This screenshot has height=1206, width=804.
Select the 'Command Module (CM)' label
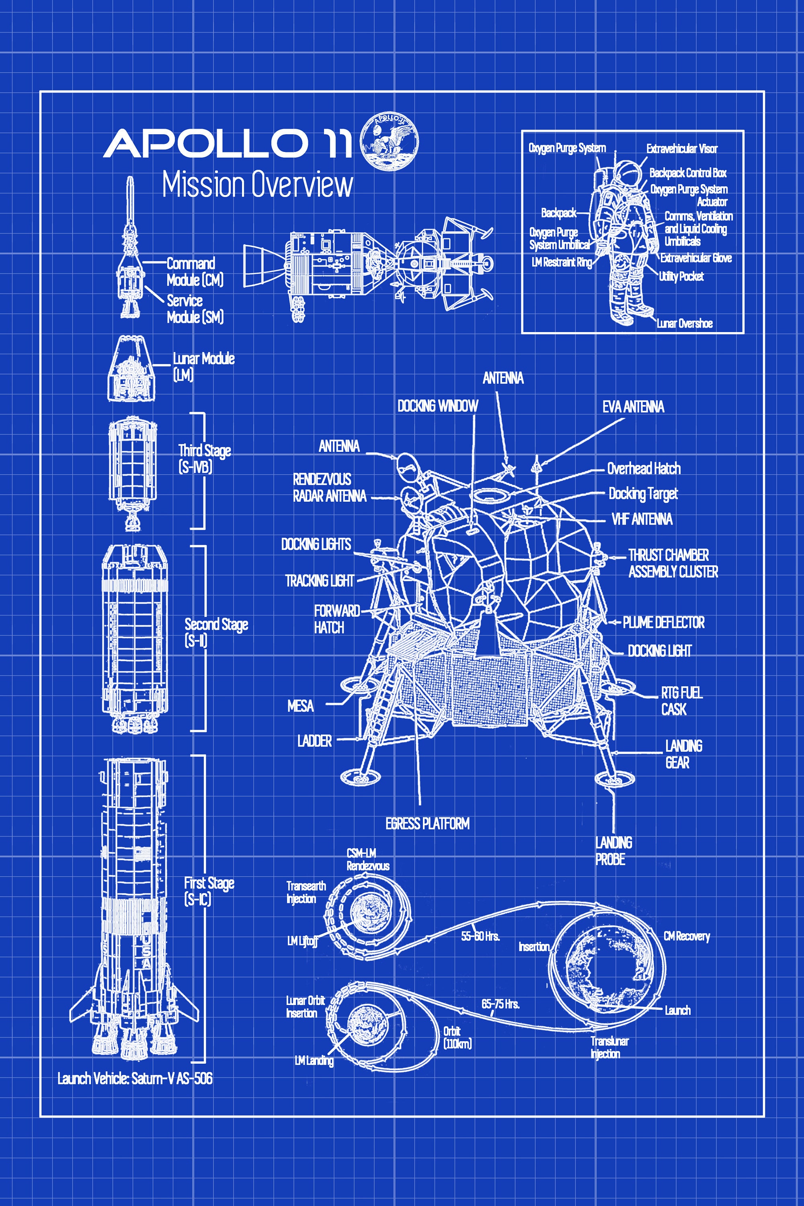[x=195, y=272]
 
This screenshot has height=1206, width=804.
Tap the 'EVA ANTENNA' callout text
[x=633, y=407]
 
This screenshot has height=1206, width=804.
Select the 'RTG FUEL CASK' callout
[x=681, y=701]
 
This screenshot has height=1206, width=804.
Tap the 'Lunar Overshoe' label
[x=685, y=323]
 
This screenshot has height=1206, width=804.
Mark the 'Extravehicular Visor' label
[x=681, y=149]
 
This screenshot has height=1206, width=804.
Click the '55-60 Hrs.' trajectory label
[x=480, y=936]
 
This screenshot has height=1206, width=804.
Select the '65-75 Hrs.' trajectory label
[x=500, y=1003]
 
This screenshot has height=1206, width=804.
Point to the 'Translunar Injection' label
[x=609, y=1047]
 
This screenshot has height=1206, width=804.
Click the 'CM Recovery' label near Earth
[x=686, y=936]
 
